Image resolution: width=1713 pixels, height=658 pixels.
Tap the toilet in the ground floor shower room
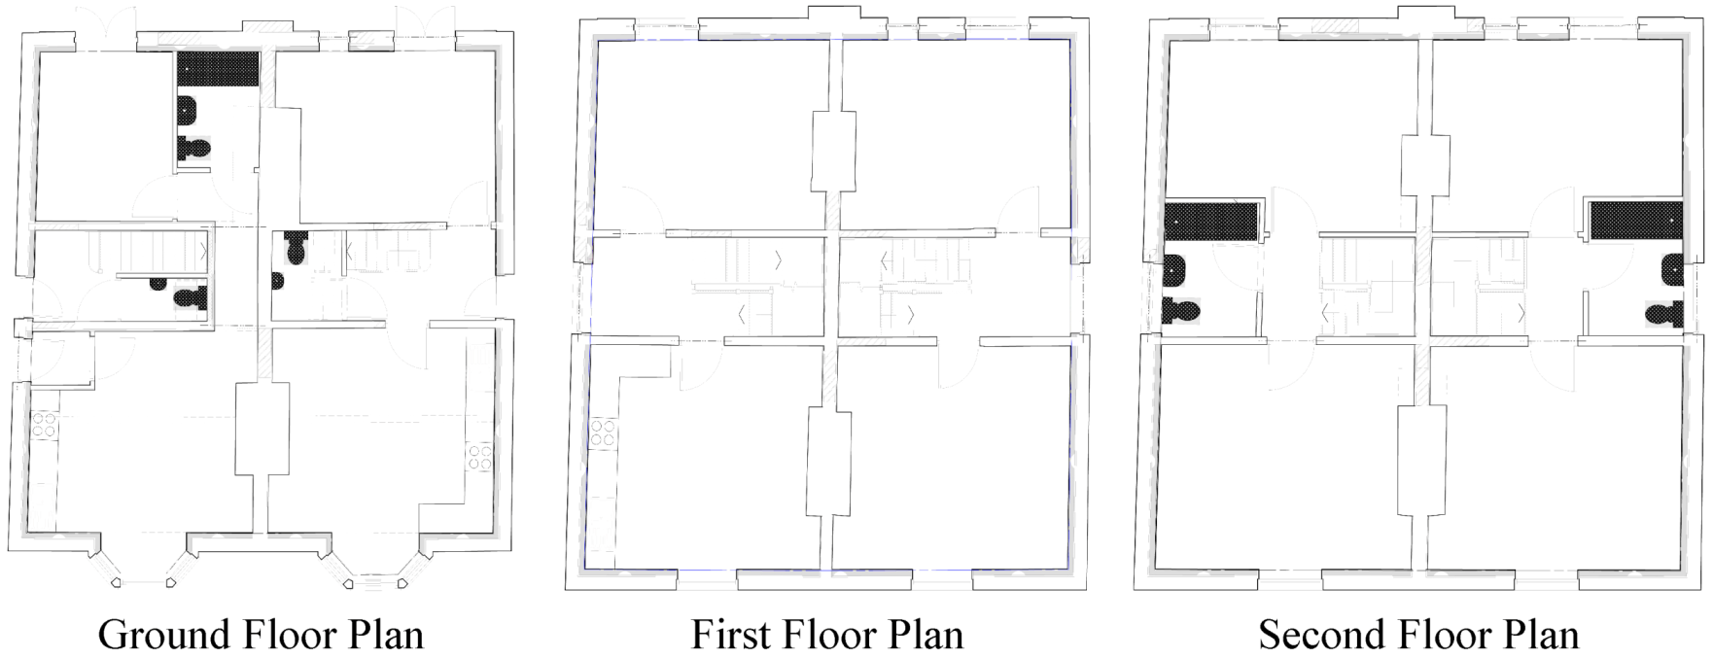193,148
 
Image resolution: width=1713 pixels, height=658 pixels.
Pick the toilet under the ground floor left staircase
192,295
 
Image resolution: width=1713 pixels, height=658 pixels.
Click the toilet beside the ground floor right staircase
295,251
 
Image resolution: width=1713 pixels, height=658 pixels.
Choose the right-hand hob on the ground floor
480,456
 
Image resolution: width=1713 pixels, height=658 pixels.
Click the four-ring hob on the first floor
602,433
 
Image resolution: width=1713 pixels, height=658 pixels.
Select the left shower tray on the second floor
1212,220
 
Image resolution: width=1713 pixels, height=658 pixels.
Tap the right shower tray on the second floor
1636,220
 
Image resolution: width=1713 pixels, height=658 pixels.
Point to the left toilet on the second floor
1181,312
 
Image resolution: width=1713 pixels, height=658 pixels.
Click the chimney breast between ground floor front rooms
262,429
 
